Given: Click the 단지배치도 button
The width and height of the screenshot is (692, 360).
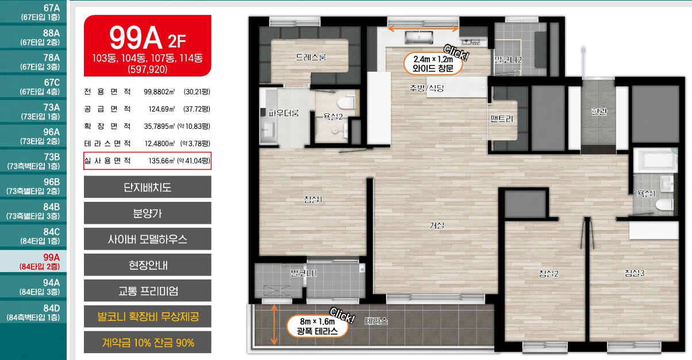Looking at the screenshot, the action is click(x=147, y=187).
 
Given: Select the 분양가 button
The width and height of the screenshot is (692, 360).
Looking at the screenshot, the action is click(x=147, y=213).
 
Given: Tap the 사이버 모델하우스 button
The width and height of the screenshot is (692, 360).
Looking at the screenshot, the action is click(x=147, y=239).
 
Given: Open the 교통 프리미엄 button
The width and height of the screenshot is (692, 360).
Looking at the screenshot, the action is click(x=147, y=290).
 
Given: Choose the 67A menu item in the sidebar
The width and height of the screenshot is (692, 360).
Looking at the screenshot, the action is click(x=33, y=12).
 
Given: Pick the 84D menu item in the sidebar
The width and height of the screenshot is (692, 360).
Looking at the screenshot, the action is click(x=33, y=312).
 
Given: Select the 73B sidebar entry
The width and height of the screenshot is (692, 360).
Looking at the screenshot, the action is click(x=33, y=161).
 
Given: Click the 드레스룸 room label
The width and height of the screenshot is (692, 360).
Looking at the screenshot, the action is click(x=311, y=57).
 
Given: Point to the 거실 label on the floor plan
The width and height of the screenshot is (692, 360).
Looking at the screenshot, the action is click(x=437, y=225).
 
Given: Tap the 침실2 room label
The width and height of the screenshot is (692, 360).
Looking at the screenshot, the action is click(x=548, y=274).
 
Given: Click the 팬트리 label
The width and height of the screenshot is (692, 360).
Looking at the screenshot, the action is click(x=502, y=118).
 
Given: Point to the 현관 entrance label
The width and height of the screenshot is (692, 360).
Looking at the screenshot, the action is click(x=599, y=111).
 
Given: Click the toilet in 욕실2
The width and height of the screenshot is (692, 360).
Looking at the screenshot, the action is click(x=347, y=102).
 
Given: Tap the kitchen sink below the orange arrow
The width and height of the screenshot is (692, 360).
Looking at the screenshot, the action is click(x=418, y=37).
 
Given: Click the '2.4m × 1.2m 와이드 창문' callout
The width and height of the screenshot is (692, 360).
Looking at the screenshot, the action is click(x=433, y=64).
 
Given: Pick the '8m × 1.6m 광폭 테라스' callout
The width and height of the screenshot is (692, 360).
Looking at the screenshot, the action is click(x=317, y=326).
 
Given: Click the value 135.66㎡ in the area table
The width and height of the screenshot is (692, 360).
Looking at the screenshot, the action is click(x=162, y=160).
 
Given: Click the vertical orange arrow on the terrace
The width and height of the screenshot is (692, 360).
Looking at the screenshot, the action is click(x=274, y=324).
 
